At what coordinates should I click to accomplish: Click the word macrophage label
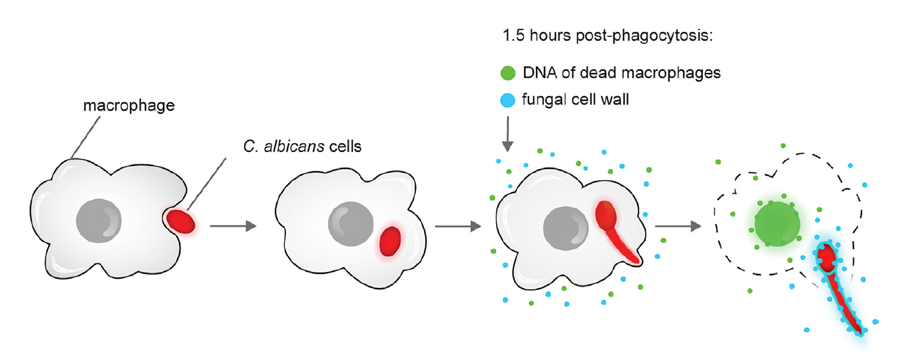(x=129, y=106)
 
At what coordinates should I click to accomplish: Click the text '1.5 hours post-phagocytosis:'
(x=608, y=36)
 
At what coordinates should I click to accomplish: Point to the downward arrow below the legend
(x=508, y=137)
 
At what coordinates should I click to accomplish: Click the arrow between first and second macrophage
(x=233, y=226)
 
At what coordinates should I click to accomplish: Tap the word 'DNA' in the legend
(x=537, y=73)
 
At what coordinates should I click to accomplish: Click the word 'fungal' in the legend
(x=540, y=100)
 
